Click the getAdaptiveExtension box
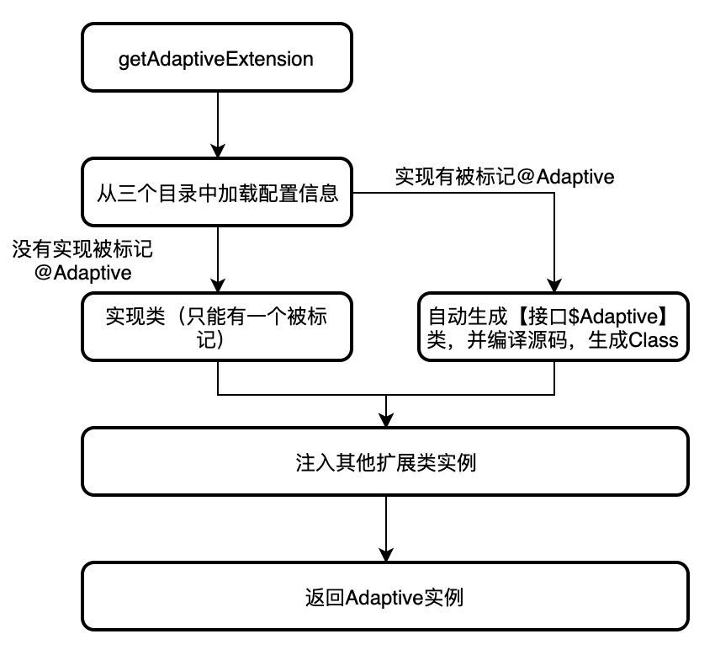click(x=217, y=58)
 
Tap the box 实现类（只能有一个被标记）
click(x=217, y=328)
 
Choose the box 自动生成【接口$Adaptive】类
click(x=554, y=328)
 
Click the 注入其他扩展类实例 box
click(x=385, y=462)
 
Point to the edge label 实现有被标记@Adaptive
click(x=505, y=176)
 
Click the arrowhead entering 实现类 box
click(x=218, y=286)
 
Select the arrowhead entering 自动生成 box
click(x=554, y=286)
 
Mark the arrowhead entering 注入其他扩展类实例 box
click(x=386, y=421)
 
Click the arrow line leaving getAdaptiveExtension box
click(x=218, y=118)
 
